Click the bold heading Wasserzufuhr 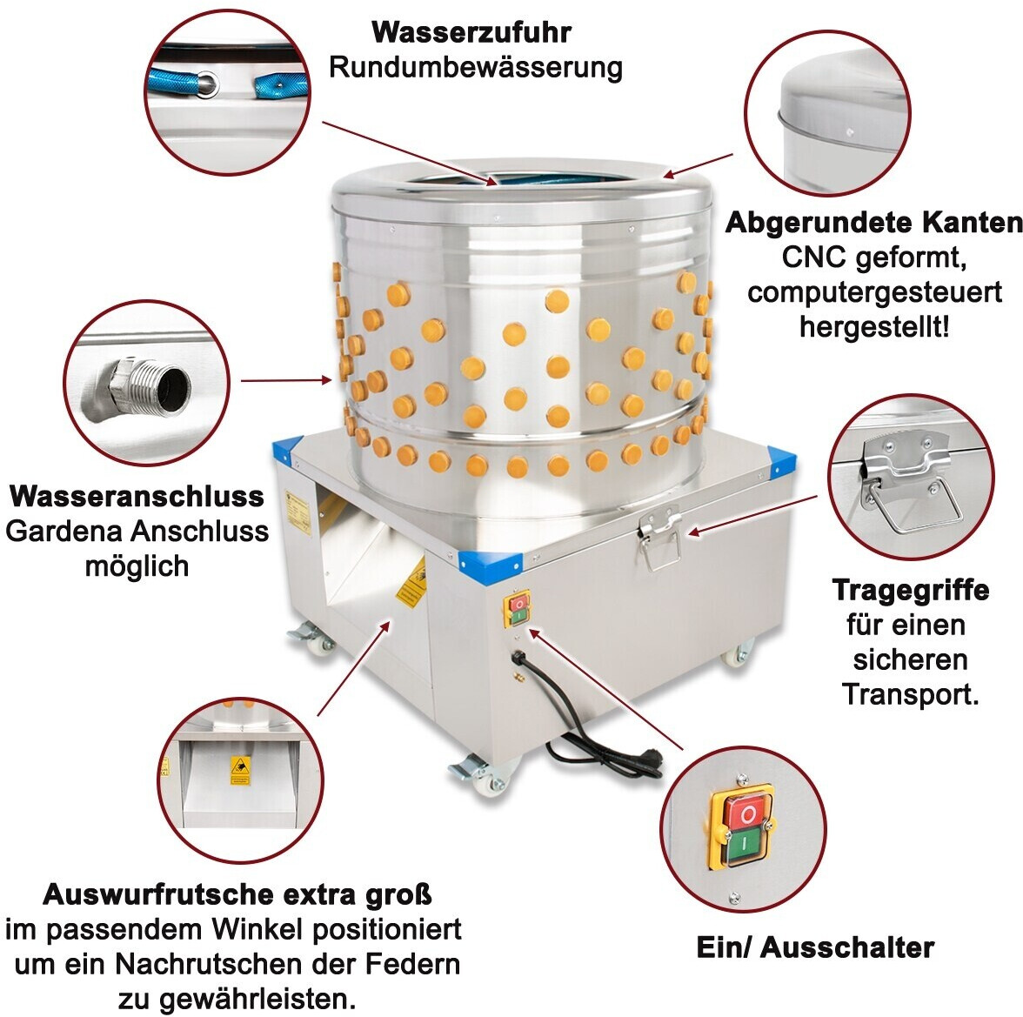(471, 32)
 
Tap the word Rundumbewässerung (476, 67)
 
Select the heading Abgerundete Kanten (873, 223)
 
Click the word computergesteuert (874, 293)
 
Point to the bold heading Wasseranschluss (137, 496)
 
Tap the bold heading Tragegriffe (911, 591)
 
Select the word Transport (911, 694)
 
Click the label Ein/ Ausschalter (815, 947)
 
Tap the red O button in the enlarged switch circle (748, 813)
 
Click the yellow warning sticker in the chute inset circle (240, 770)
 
